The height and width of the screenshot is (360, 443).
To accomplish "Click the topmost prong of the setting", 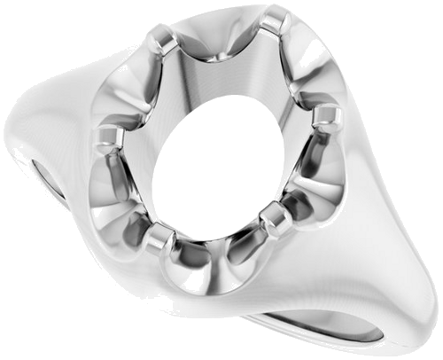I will coord(276,19).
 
